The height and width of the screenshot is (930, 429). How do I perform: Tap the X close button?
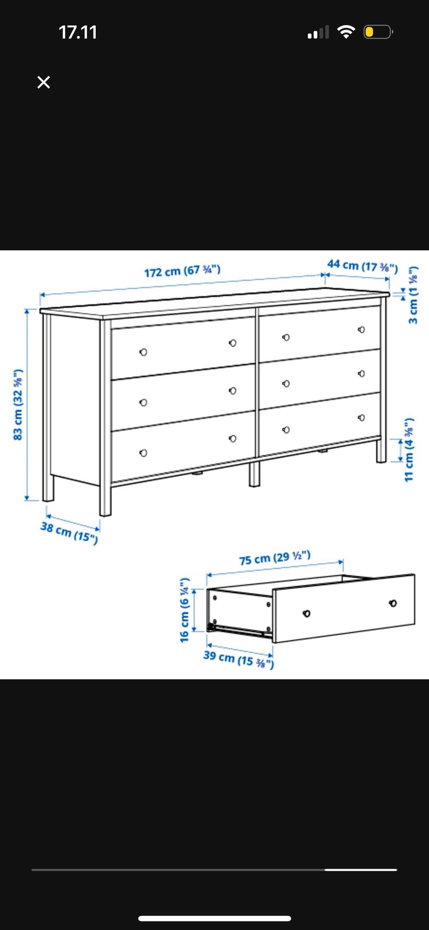[44, 82]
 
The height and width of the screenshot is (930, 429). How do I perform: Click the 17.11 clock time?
[78, 32]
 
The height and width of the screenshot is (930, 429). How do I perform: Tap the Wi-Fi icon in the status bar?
[346, 32]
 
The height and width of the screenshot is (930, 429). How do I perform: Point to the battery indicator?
[378, 32]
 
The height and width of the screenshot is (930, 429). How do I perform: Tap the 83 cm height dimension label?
[18, 405]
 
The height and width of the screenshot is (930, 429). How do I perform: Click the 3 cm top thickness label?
[413, 295]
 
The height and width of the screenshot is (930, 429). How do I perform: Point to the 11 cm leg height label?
[409, 450]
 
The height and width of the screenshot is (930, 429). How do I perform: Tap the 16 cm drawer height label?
[185, 610]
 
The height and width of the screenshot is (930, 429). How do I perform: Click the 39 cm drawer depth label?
[239, 659]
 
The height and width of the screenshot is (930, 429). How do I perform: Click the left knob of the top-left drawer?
[143, 352]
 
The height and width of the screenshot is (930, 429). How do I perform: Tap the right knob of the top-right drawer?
[361, 330]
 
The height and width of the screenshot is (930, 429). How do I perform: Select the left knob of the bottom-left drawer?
[143, 453]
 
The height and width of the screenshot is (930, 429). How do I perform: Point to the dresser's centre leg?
[254, 474]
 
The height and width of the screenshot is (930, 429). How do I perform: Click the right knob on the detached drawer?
[393, 604]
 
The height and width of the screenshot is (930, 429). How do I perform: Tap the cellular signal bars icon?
[318, 32]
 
